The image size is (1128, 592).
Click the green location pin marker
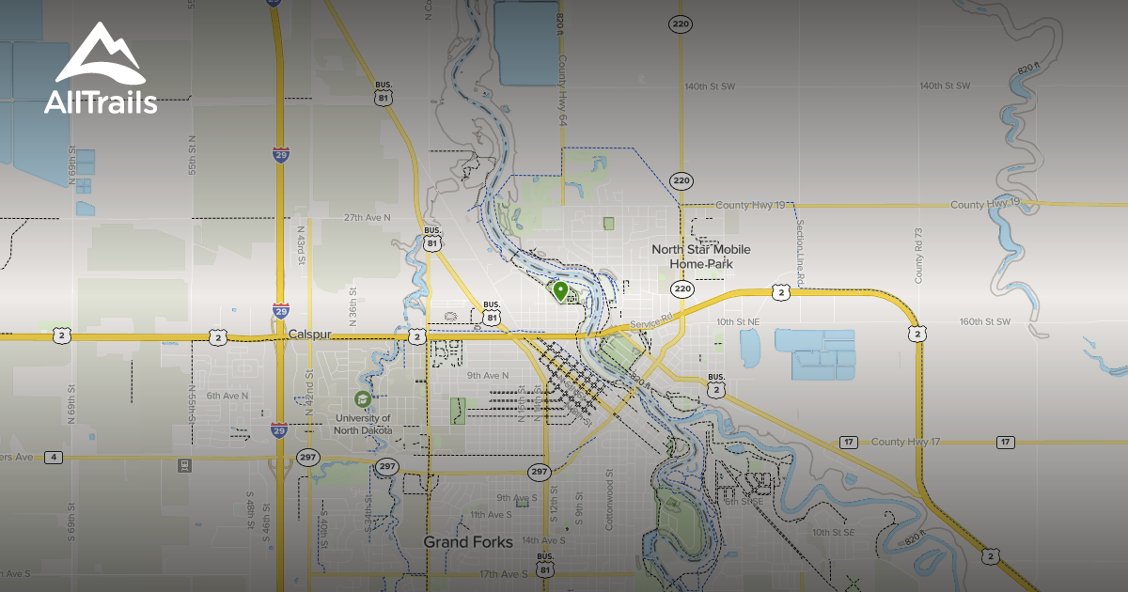[560, 291]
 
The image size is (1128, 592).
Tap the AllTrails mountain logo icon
[100, 59]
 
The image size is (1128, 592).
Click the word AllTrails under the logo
[101, 102]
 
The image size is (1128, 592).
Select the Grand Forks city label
[468, 542]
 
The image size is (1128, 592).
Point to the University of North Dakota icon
[362, 398]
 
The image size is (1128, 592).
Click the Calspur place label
[311, 334]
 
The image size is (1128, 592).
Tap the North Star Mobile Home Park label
[702, 257]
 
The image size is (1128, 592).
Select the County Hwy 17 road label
[906, 442]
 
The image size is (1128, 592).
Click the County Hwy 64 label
[562, 90]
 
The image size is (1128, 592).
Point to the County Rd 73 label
[919, 255]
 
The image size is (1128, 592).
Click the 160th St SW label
[983, 321]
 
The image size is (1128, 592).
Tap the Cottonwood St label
[609, 500]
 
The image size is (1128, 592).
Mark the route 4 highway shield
[55, 458]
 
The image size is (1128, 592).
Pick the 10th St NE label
[738, 321]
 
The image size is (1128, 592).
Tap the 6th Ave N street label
[227, 396]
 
